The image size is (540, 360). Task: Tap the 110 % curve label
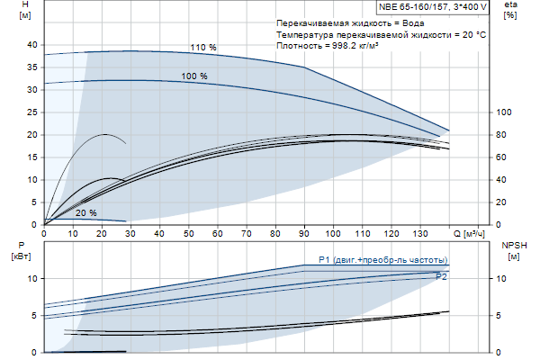202,48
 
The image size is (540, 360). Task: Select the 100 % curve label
193,76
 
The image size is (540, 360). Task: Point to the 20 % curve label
86,213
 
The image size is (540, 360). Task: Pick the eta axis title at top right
510,11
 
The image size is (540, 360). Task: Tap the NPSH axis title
509,250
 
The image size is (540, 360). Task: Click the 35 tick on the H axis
32,67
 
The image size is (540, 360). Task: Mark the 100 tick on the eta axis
505,112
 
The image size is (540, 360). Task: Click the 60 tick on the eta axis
502,157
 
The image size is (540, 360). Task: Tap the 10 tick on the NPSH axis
502,278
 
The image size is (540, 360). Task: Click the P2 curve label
441,277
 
